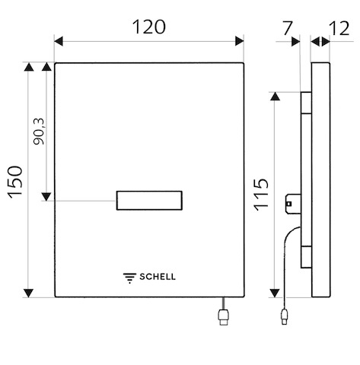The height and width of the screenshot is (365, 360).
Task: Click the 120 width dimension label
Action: [x=149, y=27]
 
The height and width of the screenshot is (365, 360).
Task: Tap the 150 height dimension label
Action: [x=15, y=182]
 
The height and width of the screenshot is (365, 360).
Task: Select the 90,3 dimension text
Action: [x=39, y=132]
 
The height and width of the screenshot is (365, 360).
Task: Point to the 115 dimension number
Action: [x=261, y=195]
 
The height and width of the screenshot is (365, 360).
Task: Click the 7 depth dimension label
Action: [x=288, y=28]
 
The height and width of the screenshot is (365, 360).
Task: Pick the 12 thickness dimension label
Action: [x=339, y=28]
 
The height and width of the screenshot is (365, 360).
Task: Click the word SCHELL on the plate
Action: [x=158, y=277]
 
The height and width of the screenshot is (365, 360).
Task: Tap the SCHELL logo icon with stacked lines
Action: [x=129, y=278]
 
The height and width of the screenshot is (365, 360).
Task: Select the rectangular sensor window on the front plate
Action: [x=149, y=201]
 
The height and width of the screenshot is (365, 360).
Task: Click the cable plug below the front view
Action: [x=223, y=317]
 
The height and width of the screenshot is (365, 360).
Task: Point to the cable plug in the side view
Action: [x=284, y=316]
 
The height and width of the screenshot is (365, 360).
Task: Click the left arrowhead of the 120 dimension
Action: [x=59, y=41]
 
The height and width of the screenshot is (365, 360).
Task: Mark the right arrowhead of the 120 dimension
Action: [x=240, y=41]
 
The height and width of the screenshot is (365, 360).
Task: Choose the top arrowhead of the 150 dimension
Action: [x=29, y=67]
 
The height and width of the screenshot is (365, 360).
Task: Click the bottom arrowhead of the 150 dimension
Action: [x=28, y=293]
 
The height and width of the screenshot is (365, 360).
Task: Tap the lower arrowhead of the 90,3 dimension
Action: [x=46, y=197]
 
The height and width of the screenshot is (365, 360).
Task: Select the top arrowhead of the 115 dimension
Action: [x=275, y=97]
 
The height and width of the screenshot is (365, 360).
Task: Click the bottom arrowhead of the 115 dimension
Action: [x=275, y=293]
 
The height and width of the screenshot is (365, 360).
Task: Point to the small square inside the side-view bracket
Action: [x=289, y=204]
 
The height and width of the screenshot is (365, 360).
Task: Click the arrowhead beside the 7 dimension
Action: [x=296, y=42]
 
